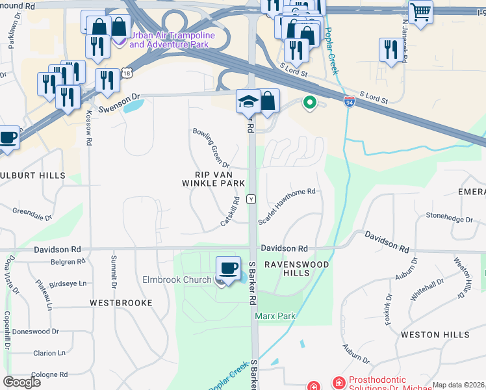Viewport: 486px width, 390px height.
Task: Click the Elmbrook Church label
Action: point(177,280)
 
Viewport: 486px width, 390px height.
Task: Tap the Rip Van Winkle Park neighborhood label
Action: point(211,179)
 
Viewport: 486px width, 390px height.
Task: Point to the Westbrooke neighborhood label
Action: point(121,303)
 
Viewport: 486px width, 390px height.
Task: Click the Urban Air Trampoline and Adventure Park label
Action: point(170,40)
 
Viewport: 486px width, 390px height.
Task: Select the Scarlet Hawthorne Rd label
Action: point(287,207)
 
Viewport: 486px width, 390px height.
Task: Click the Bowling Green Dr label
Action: point(211,146)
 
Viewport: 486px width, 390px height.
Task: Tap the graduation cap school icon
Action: point(248,101)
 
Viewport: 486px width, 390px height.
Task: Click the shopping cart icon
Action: point(420,11)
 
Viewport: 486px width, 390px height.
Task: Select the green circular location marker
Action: point(310,102)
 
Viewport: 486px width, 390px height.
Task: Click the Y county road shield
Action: point(251,198)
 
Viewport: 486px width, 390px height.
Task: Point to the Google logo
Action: point(22,382)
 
